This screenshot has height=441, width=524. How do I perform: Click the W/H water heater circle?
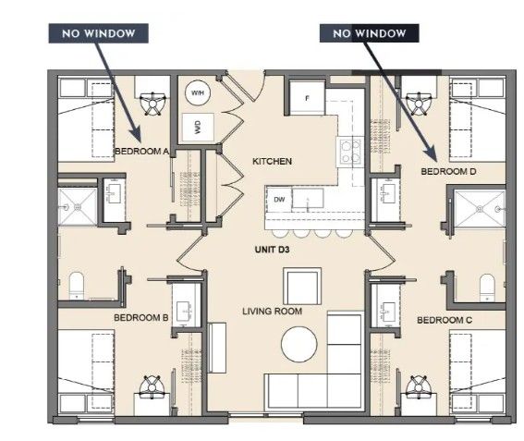(198, 92)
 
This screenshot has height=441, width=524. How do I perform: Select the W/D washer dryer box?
(198, 127)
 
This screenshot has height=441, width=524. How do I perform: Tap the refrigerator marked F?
(307, 98)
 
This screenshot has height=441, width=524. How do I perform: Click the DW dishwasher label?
(279, 200)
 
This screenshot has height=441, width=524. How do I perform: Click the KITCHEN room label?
(272, 162)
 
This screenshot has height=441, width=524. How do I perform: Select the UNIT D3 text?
(272, 250)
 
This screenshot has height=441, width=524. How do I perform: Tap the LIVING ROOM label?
(272, 312)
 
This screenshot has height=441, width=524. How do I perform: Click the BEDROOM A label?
(141, 152)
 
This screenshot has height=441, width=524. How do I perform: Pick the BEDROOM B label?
(141, 318)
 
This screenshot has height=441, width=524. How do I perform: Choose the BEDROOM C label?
(445, 320)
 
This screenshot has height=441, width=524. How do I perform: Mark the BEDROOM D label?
(448, 172)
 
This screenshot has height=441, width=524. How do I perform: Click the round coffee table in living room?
(299, 344)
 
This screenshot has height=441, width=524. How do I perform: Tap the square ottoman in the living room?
(302, 287)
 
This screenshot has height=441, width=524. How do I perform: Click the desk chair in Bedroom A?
(152, 104)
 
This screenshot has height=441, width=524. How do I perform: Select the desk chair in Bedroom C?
(419, 386)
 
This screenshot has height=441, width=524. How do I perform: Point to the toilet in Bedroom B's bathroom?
(76, 286)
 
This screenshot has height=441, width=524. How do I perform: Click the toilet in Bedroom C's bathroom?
(487, 288)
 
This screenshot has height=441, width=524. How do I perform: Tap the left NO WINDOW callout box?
(99, 33)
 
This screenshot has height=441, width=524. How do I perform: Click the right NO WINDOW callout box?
(370, 33)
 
